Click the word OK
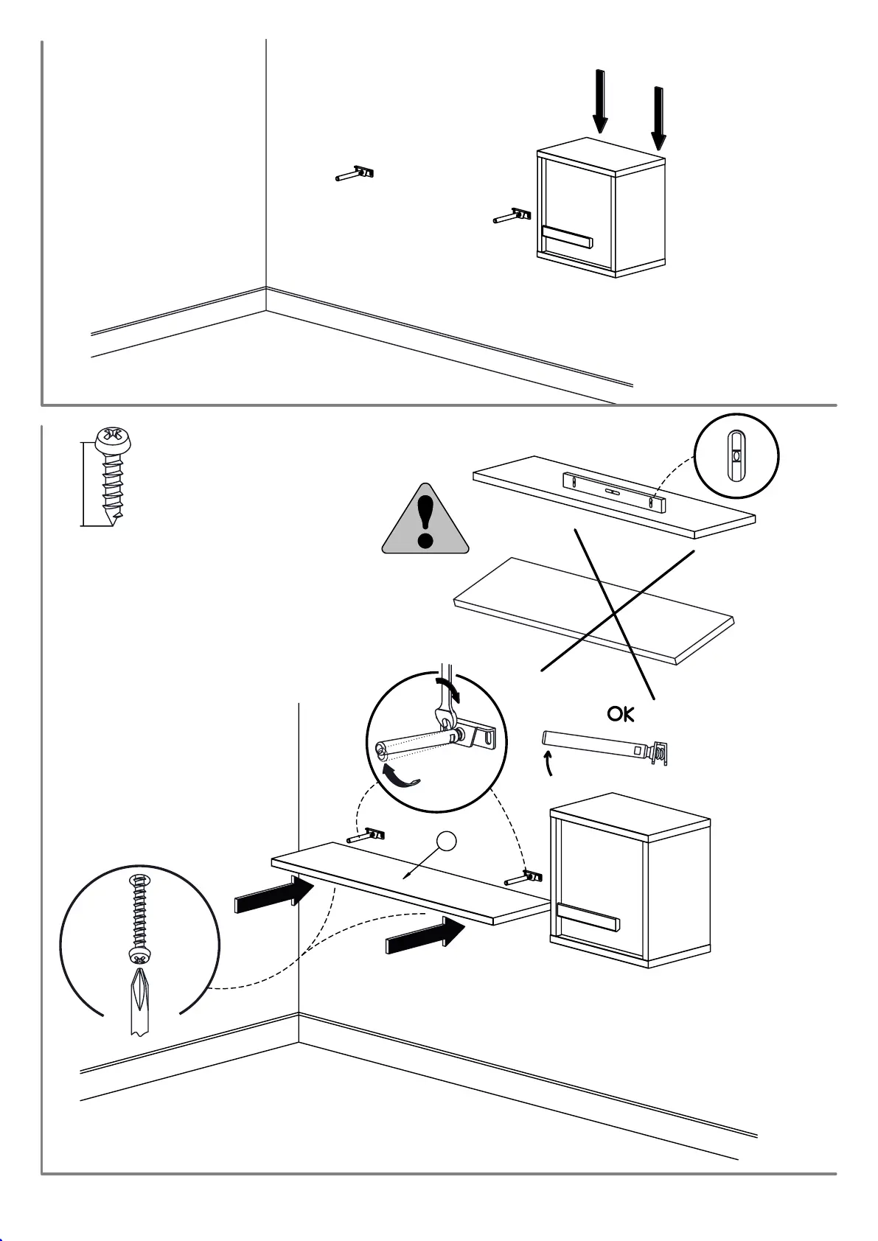pos(620,713)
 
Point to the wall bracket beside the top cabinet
pos(512,216)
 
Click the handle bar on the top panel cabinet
pos(567,237)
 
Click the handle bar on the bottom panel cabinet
pos(588,917)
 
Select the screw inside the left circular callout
pos(139,917)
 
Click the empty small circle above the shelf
pos(445,842)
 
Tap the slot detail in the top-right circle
pos(736,455)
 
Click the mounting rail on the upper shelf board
pos(615,492)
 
